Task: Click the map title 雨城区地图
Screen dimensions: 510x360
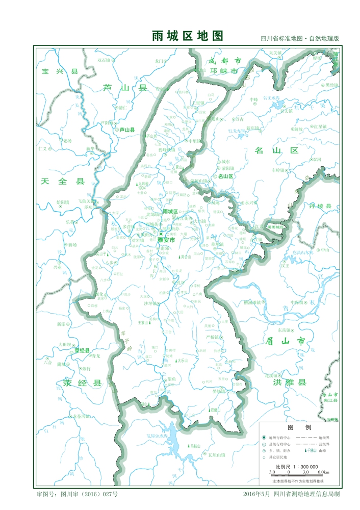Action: click(188, 36)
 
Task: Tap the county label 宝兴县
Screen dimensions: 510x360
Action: click(60, 72)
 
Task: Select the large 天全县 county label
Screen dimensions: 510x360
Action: click(62, 182)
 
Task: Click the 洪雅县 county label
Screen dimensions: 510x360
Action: click(290, 382)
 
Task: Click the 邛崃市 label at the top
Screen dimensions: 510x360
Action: click(224, 71)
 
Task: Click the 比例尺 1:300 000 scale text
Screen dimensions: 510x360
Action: click(297, 467)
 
